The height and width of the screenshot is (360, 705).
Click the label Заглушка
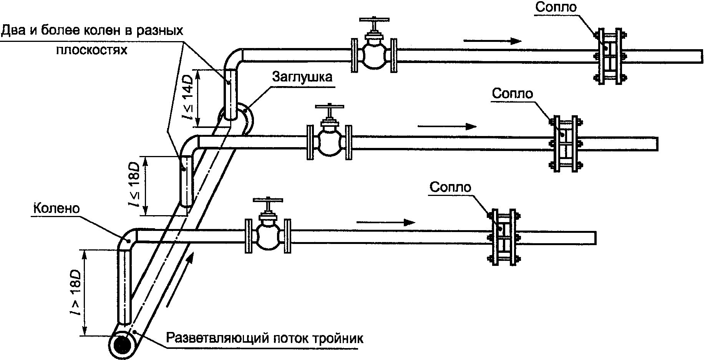pos(302,77)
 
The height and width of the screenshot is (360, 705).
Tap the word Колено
pos(56,209)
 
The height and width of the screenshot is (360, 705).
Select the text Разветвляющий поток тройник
pos(264,339)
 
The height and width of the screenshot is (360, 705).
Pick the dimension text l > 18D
pos(76,292)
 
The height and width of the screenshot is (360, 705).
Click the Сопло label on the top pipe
pos(556,7)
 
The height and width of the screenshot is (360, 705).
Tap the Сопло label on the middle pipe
pos(513,94)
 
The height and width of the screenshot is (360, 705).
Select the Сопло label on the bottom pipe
pos(450,187)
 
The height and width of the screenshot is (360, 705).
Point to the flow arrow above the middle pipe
pos(447,126)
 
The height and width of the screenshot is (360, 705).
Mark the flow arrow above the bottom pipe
pos(386,222)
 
